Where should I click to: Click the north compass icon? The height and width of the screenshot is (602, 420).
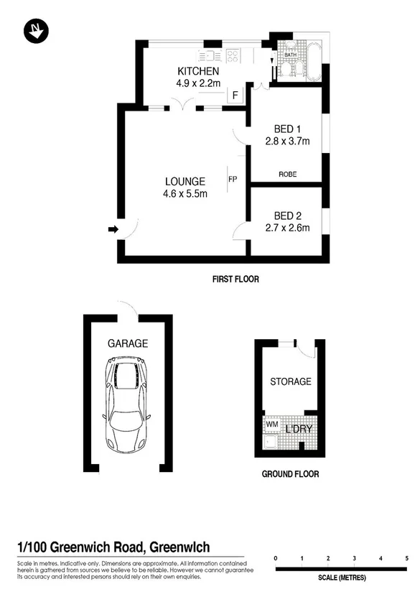pyautogui.click(x=34, y=30)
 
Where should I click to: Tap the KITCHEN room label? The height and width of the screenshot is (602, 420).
pyautogui.click(x=198, y=71)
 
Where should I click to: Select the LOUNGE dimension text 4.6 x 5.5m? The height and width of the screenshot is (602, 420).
pyautogui.click(x=185, y=193)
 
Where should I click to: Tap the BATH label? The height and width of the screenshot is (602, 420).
pyautogui.click(x=291, y=55)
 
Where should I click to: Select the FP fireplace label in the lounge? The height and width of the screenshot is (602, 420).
pyautogui.click(x=233, y=179)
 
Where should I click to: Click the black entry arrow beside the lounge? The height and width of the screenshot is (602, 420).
pyautogui.click(x=113, y=229)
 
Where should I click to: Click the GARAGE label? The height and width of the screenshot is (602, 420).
pyautogui.click(x=128, y=343)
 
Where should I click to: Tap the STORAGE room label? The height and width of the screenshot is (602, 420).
pyautogui.click(x=290, y=381)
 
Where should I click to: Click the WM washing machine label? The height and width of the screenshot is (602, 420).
pyautogui.click(x=272, y=425)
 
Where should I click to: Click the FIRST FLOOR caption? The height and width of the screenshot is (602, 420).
pyautogui.click(x=234, y=279)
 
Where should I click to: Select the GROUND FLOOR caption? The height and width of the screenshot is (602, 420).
pyautogui.click(x=289, y=473)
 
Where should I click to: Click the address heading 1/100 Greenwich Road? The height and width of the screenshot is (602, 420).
pyautogui.click(x=114, y=547)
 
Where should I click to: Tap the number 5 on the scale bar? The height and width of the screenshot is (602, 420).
pyautogui.click(x=406, y=558)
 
